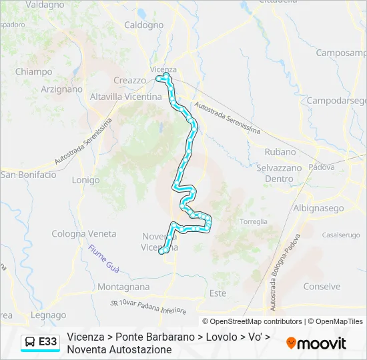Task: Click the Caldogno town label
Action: [x=143, y=25]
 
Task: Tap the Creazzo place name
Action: [x=129, y=81]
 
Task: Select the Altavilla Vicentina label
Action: [x=125, y=97]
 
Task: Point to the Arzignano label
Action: [x=61, y=89]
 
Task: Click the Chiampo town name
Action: [x=33, y=72]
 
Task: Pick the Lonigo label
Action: [x=85, y=180]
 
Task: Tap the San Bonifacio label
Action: [x=28, y=175]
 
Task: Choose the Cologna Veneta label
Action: [x=84, y=234]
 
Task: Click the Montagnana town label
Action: [x=123, y=286]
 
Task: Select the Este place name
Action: [x=218, y=293]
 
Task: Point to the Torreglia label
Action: [x=253, y=221]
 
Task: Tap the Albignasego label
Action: [x=318, y=208]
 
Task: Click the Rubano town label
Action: [x=280, y=152]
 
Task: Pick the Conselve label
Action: [x=322, y=286]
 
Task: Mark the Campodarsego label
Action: [x=336, y=101]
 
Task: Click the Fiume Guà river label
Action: [x=103, y=259]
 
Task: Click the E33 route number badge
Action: [x=40, y=342]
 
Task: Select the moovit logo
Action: [x=316, y=343]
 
